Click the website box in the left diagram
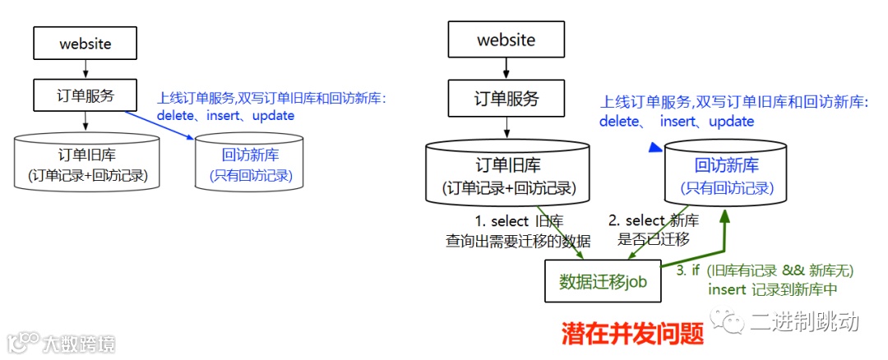coord(86,44)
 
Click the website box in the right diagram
coord(506,40)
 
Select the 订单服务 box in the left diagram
coord(86,95)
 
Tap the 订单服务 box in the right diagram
coord(506,99)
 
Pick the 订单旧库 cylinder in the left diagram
coord(86,164)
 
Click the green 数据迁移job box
coord(603,281)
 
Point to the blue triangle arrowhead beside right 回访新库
coord(654,148)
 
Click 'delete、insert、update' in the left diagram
coord(225,116)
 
